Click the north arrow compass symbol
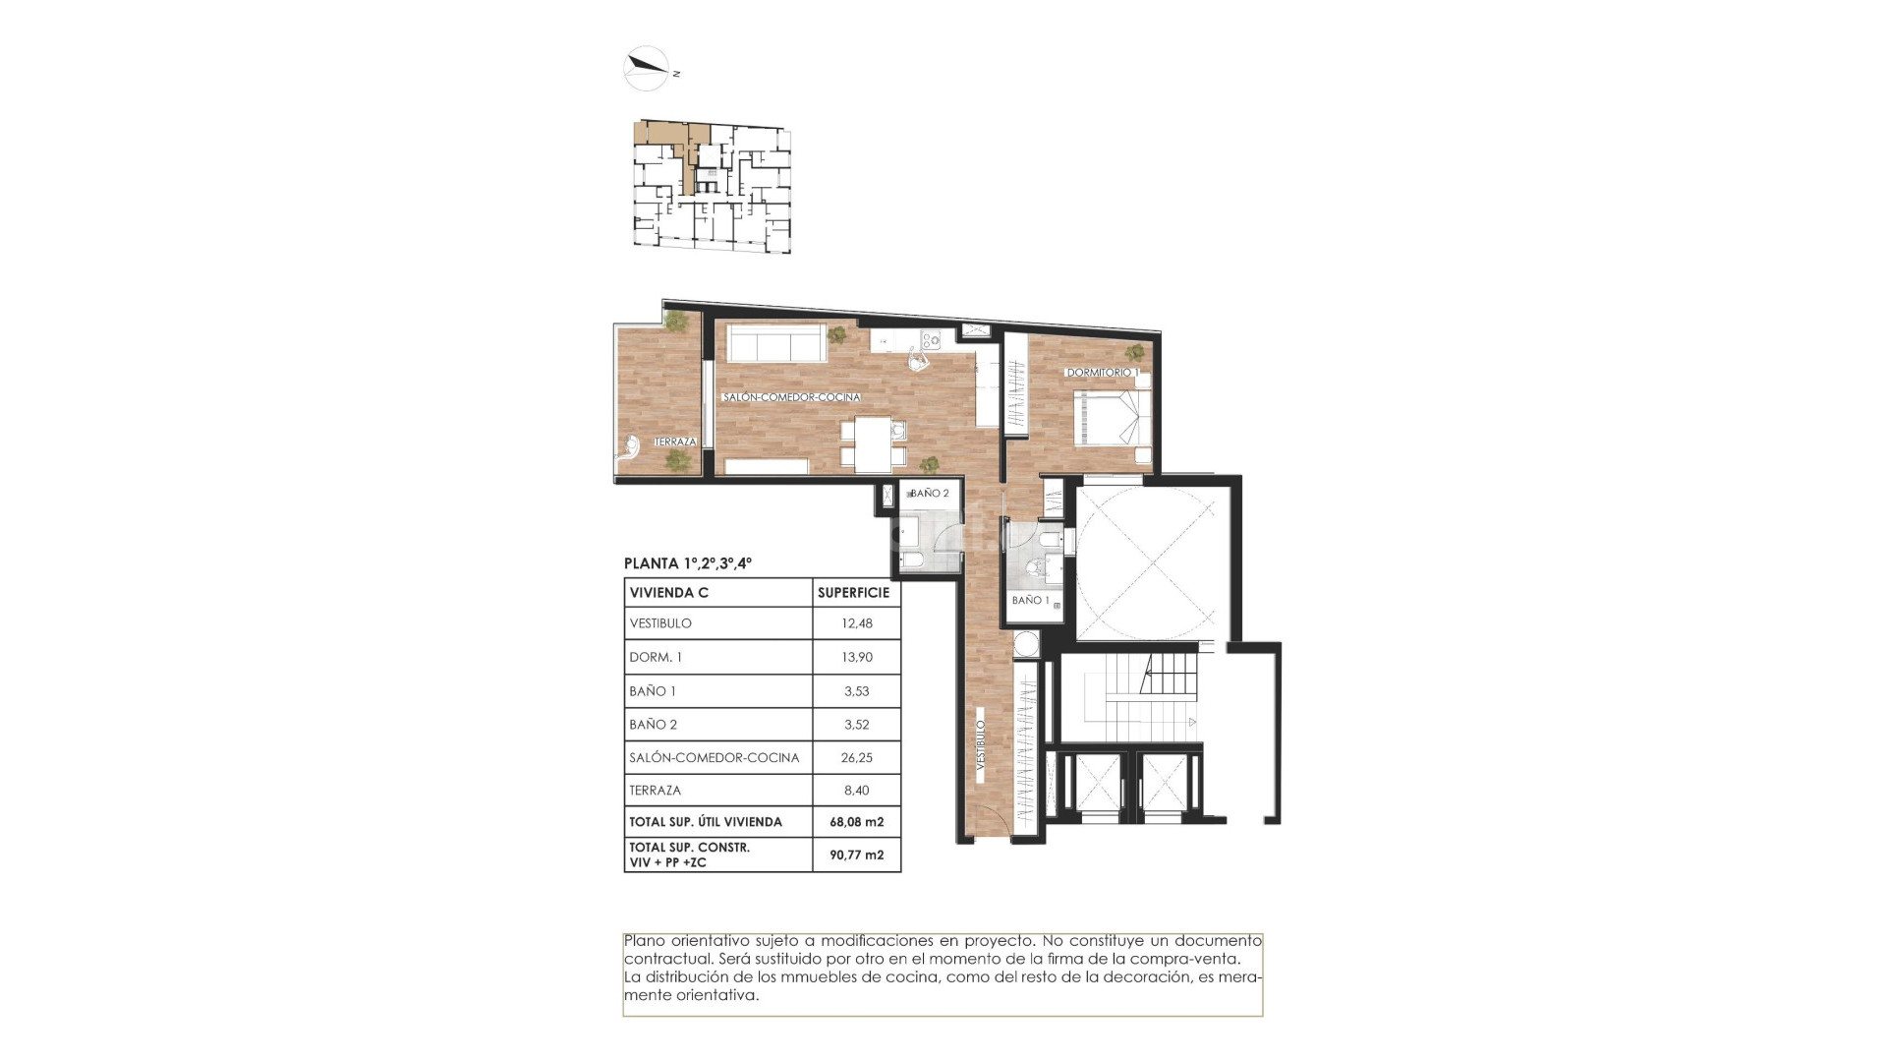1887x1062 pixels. coord(647,68)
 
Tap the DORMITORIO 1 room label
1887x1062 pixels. coord(1102,373)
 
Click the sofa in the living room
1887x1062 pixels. coord(775,343)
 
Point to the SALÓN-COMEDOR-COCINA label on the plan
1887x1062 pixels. coord(791,397)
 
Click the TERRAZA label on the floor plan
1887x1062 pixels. coord(675,442)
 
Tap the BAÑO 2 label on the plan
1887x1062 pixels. coord(929,494)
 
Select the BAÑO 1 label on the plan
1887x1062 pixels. coord(1030,600)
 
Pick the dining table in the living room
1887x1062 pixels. coord(874,444)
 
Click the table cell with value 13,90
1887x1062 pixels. coord(856,657)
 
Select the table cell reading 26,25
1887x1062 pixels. coord(856,757)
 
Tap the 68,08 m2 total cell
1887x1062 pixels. coord(856,822)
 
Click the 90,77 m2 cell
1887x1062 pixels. coord(856,855)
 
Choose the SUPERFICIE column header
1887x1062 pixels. coord(853,593)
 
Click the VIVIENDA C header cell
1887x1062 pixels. coord(669,593)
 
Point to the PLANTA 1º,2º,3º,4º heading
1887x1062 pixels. coord(688,563)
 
